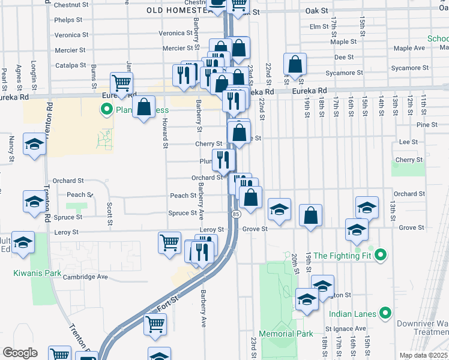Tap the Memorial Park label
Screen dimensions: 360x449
tap(286, 334)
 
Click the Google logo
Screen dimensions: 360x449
tap(20, 353)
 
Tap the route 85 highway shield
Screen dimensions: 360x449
tap(235, 214)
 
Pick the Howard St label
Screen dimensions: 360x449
tap(164, 133)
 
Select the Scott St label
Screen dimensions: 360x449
tap(110, 213)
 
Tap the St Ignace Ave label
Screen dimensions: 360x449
tap(346, 329)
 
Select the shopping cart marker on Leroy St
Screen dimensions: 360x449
tap(169, 243)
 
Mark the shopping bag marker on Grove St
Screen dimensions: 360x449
tap(310, 216)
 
